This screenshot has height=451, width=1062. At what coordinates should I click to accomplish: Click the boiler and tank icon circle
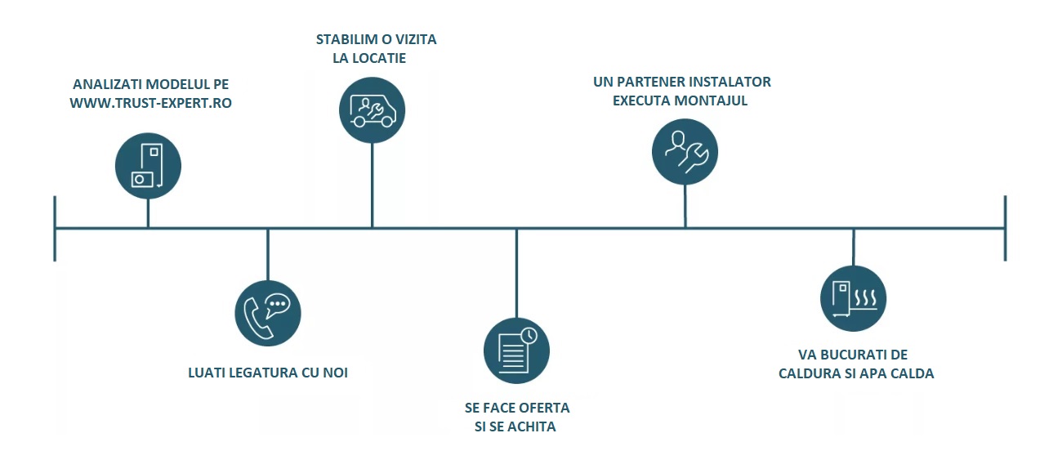[x=148, y=166]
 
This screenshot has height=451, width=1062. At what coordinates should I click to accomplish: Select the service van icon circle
[x=372, y=110]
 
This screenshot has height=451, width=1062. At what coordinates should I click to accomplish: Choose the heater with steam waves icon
[x=853, y=299]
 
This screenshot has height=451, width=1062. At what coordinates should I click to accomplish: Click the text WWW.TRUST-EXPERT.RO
[x=150, y=104]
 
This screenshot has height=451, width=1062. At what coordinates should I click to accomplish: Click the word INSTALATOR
[x=727, y=82]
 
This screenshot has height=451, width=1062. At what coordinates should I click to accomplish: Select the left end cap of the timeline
[x=55, y=228]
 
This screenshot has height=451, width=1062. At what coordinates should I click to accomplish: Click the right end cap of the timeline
[x=1005, y=228]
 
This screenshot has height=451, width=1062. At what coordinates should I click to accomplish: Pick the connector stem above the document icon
[x=516, y=274]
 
